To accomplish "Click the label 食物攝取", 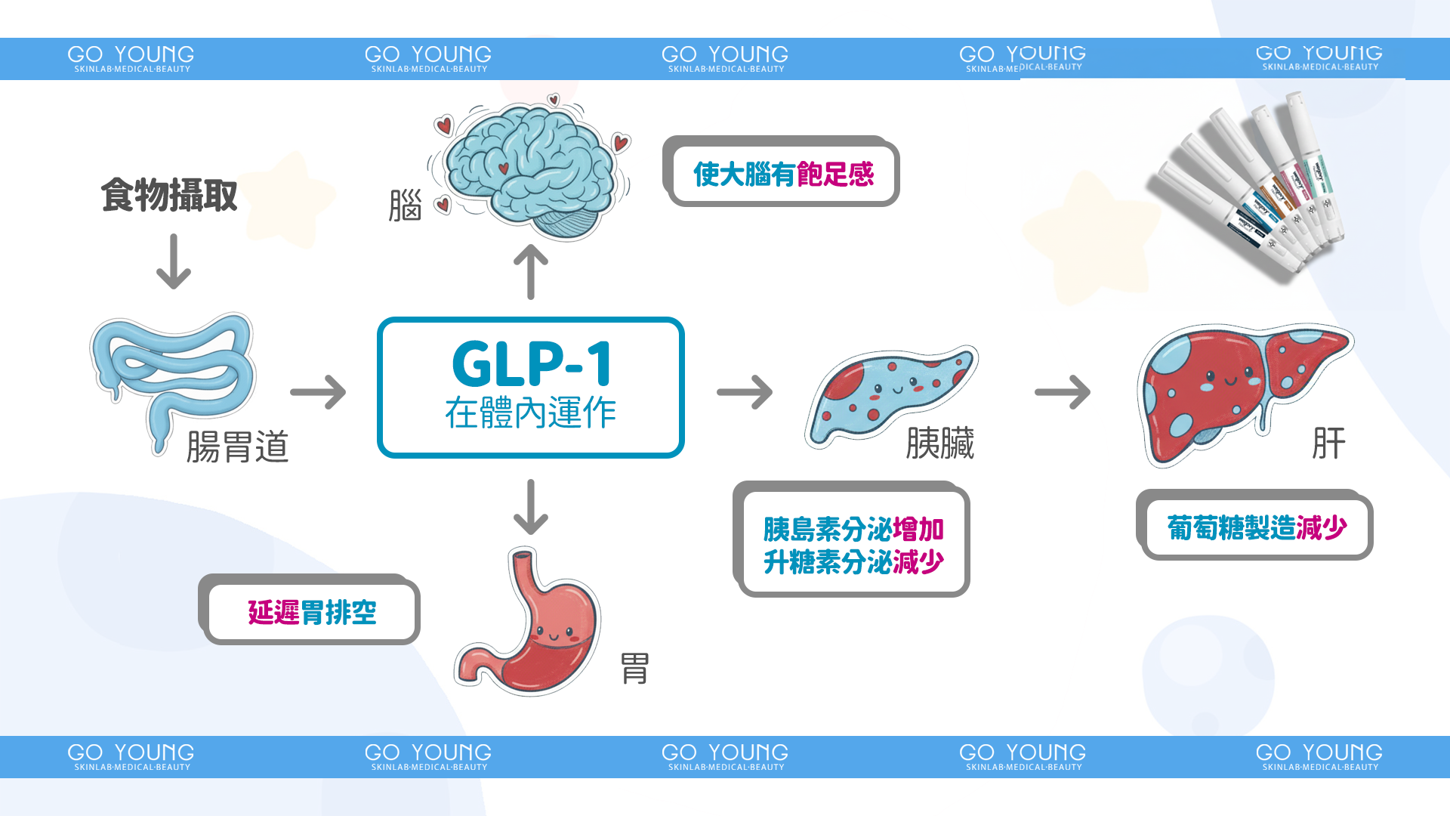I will pyautogui.click(x=169, y=196).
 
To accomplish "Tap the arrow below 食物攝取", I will pyautogui.click(x=174, y=261).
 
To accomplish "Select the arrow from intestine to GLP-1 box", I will pyautogui.click(x=318, y=391).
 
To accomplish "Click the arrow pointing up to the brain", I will pyautogui.click(x=531, y=272).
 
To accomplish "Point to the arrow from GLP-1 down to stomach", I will pyautogui.click(x=531, y=507).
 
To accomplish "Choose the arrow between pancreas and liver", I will pyautogui.click(x=1063, y=392).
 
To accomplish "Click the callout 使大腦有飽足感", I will pyautogui.click(x=783, y=175).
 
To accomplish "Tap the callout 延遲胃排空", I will pyautogui.click(x=311, y=612).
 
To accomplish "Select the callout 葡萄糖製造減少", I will pyautogui.click(x=1257, y=527).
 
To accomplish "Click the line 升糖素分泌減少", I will pyautogui.click(x=853, y=562).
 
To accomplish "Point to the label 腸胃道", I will pyautogui.click(x=237, y=446).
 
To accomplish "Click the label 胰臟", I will pyautogui.click(x=939, y=443).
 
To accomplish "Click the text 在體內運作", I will pyautogui.click(x=531, y=413).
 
